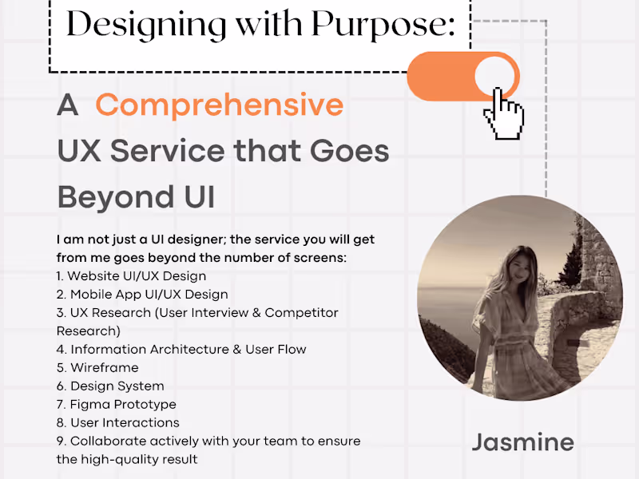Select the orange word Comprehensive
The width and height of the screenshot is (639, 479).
coord(220,105)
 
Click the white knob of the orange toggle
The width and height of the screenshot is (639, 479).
coord(495,77)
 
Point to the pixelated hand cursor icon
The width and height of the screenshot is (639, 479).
coord(503,113)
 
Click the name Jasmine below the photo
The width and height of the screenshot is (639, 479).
coord(522,441)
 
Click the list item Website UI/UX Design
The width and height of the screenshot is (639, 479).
coord(132,276)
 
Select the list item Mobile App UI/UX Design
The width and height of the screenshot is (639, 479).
coord(142,295)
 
